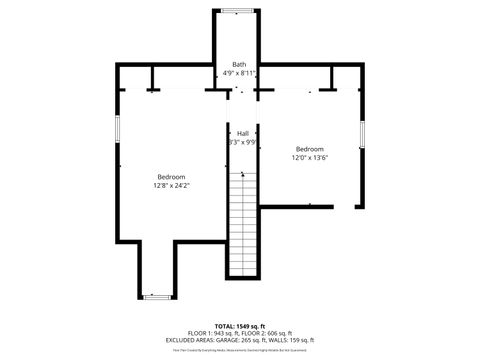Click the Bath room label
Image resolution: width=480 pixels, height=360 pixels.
pyautogui.click(x=239, y=64)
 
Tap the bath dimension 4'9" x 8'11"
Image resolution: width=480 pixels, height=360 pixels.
pyautogui.click(x=239, y=73)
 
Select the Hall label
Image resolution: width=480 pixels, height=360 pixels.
pyautogui.click(x=242, y=133)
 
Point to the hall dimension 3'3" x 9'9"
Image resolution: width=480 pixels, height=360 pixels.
pyautogui.click(x=242, y=143)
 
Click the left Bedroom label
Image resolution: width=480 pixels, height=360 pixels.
pyautogui.click(x=172, y=176)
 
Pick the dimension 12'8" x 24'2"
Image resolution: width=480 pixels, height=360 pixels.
pyautogui.click(x=172, y=185)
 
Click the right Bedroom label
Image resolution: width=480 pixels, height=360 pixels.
pyautogui.click(x=310, y=149)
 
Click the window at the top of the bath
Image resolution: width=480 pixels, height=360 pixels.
pyautogui.click(x=237, y=11)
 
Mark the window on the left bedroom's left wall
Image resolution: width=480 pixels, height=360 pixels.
pyautogui.click(x=118, y=129)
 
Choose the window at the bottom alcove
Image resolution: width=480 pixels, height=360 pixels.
pyautogui.click(x=156, y=296)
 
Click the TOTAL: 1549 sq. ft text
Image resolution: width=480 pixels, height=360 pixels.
pyautogui.click(x=240, y=326)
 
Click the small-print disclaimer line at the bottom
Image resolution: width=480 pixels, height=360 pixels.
pyautogui.click(x=240, y=350)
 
